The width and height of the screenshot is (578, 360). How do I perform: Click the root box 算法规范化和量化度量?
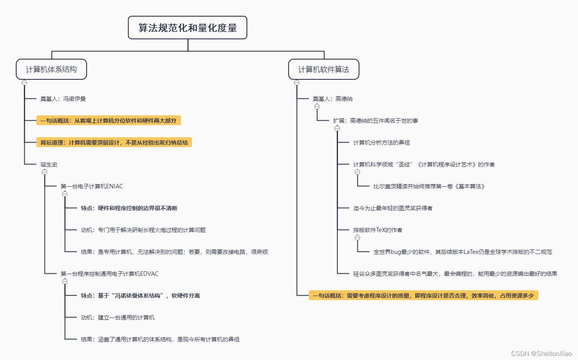[187, 28]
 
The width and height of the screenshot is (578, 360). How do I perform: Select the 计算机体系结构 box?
[51, 69]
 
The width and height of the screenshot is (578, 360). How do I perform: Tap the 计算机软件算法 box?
[324, 69]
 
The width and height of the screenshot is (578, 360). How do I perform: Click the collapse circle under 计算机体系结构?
[24, 83]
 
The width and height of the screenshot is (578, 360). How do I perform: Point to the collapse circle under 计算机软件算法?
[297, 83]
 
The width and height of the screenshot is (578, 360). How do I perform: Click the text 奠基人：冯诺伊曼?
[63, 99]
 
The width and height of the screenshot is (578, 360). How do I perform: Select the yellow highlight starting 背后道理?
[114, 143]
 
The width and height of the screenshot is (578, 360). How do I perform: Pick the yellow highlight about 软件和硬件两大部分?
[108, 121]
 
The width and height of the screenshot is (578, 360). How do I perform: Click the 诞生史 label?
[49, 164]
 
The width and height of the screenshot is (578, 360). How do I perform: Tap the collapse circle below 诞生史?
[45, 172]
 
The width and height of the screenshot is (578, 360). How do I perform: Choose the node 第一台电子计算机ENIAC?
[92, 186]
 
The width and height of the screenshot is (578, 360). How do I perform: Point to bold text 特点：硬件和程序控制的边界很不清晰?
[129, 208]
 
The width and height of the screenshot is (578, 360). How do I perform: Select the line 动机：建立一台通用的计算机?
[118, 317]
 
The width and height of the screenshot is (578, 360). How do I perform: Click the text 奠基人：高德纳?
[333, 99]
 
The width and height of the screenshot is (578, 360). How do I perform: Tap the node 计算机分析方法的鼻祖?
[382, 143]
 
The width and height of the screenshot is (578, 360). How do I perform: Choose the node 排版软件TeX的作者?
[378, 230]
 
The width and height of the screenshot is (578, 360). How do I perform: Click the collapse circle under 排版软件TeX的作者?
[357, 238]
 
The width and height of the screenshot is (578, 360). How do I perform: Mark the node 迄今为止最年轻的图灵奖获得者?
[393, 208]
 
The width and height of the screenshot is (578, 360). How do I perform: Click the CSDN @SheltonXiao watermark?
[542, 354]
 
